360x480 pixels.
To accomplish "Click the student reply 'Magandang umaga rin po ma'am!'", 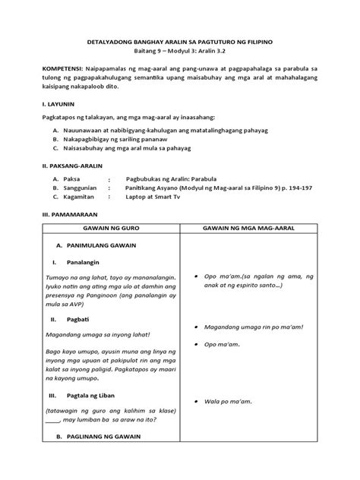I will point(254,328).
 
